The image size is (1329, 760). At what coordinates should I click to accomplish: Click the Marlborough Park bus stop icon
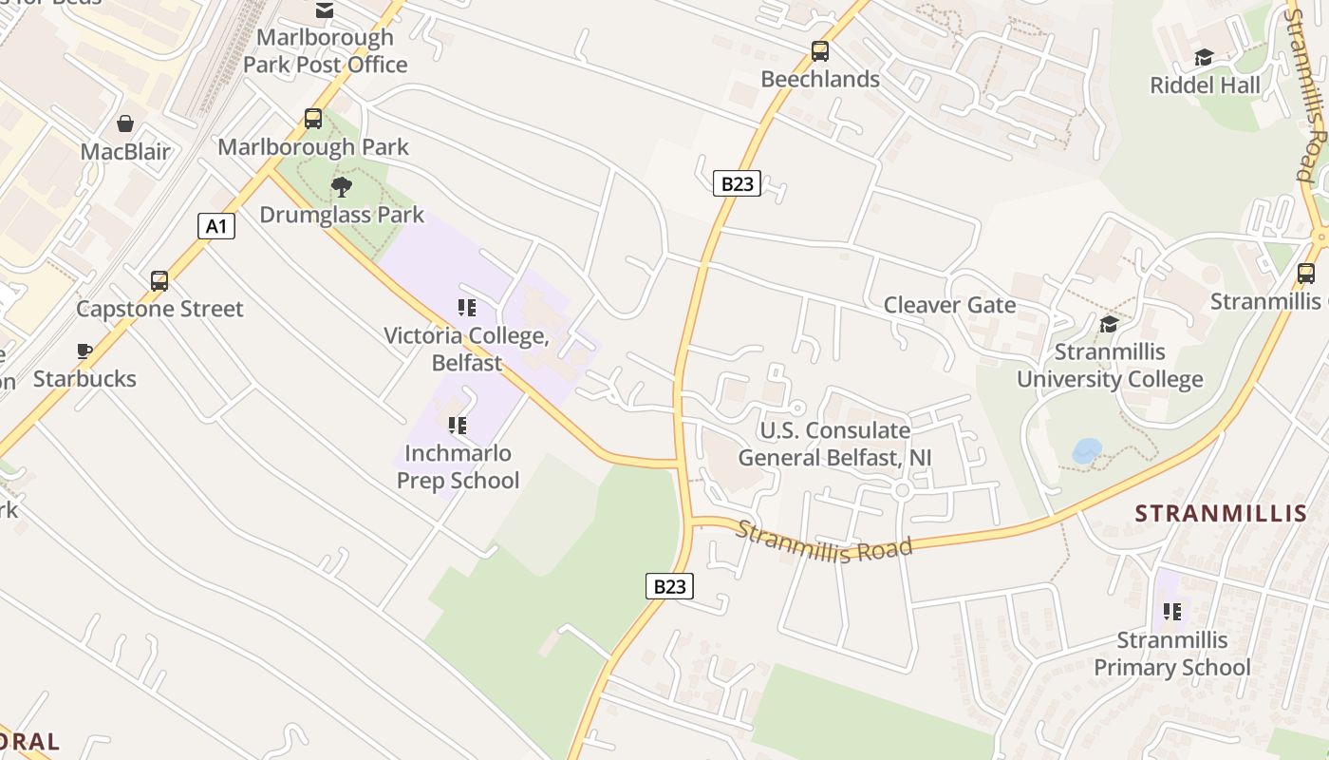coord(313,119)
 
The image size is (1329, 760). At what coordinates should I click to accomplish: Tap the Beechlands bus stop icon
coord(820,51)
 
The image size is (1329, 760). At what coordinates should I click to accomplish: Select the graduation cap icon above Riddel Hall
coord(1204,58)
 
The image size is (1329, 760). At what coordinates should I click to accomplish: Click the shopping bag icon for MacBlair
coord(125,123)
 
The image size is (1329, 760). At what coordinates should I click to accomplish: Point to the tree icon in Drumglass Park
coord(342,187)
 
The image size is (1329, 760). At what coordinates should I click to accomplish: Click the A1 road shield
coord(216,226)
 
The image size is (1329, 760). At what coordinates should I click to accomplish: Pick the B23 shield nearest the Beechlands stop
coord(737,183)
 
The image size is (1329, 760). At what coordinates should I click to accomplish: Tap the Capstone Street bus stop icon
coord(159,281)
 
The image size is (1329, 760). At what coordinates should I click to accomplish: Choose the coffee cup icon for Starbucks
coord(84,351)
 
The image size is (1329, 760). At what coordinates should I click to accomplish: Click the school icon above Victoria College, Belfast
coord(466,308)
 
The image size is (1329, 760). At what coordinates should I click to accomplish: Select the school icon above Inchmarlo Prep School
coord(458,426)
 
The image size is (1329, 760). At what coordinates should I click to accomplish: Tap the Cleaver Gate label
coord(949,305)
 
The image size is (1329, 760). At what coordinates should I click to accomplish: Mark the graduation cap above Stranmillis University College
coord(1109,325)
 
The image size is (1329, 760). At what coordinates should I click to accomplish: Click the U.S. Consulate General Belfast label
coord(834,445)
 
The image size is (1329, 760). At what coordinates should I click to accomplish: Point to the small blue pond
coord(1087,450)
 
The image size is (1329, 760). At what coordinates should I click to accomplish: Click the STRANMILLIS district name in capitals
coord(1221,514)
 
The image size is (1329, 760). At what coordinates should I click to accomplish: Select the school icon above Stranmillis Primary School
coord(1172,612)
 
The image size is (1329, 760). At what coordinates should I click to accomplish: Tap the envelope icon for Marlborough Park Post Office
coord(325,10)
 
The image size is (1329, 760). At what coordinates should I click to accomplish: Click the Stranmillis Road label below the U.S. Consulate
coord(824,543)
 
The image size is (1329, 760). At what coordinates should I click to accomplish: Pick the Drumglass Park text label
coord(342,215)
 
